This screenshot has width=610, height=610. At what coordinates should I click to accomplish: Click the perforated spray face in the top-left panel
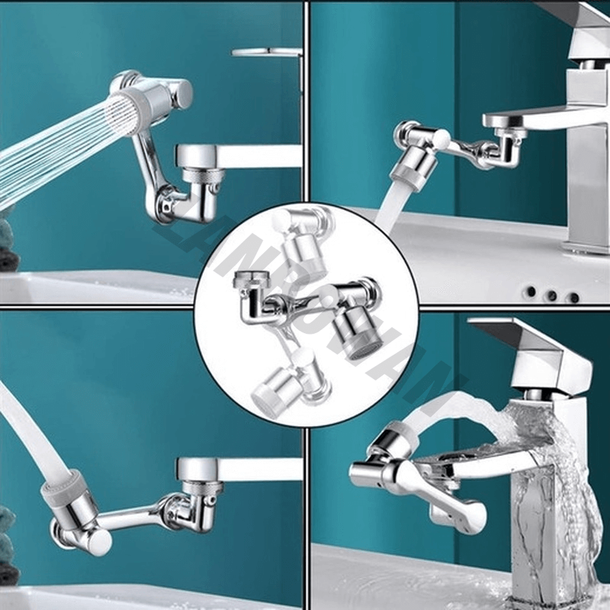122,114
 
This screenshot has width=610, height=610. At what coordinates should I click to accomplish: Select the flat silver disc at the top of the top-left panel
266,52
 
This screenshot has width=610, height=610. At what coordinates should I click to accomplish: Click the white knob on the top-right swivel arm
441,139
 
